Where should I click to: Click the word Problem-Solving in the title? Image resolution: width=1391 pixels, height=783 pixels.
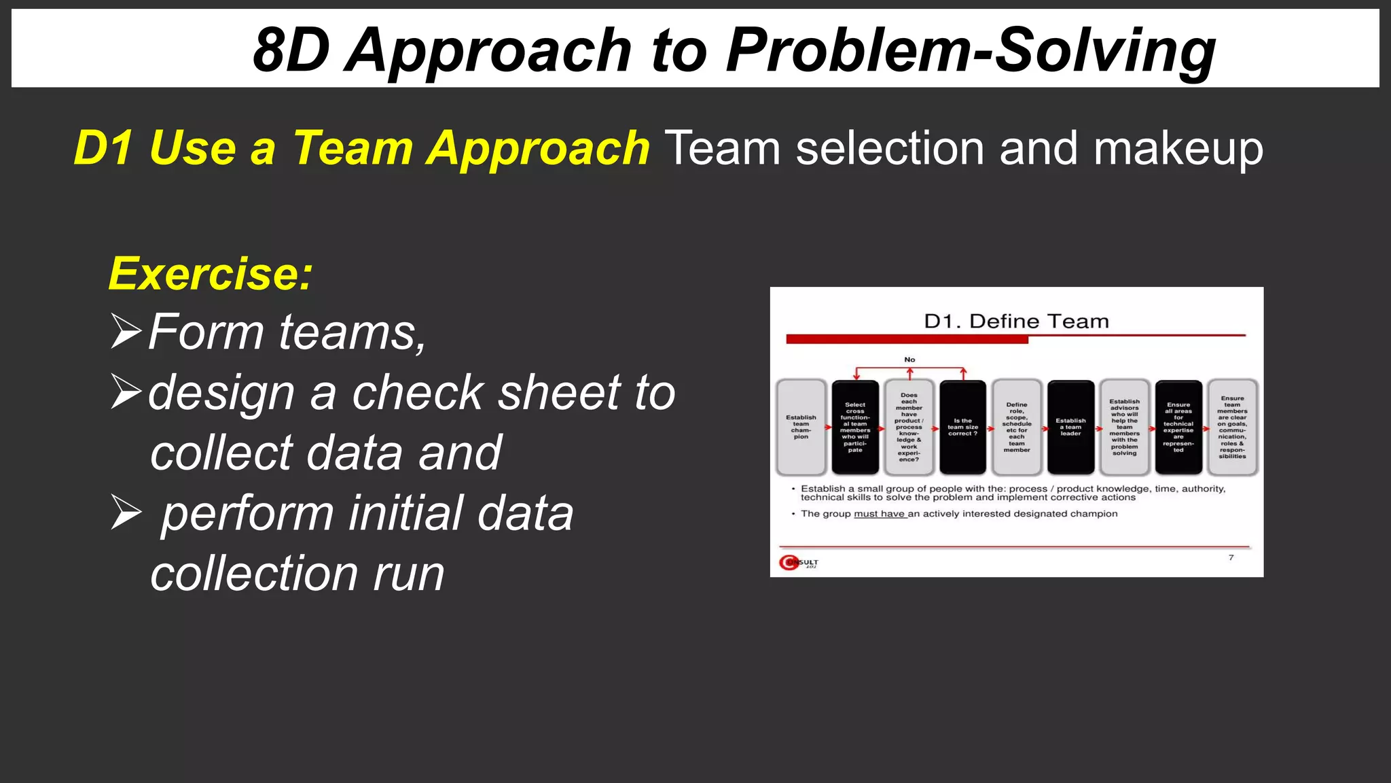point(970,51)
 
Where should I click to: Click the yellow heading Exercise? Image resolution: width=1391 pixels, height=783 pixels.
point(211,274)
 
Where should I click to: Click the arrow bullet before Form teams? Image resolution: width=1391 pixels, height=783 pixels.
point(126,332)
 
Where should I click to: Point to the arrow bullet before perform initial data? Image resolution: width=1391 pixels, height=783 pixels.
point(126,513)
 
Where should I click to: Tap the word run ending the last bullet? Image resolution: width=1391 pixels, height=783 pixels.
point(408,574)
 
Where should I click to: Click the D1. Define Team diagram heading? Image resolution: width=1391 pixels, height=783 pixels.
point(1016,321)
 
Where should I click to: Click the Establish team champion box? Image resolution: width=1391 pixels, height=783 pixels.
point(801,427)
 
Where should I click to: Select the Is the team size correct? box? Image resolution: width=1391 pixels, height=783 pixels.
point(962,427)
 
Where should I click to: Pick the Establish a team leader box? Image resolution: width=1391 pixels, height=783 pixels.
point(1070,427)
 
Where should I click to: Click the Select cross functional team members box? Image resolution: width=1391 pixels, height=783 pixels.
point(854,427)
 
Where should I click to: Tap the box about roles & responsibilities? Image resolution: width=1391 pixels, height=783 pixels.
point(1232,427)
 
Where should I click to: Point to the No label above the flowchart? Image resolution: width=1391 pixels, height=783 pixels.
point(909,360)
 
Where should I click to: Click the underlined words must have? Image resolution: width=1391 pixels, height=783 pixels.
point(879,514)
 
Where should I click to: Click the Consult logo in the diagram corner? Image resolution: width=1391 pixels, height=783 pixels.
point(798,563)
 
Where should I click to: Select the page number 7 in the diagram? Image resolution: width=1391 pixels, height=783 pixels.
point(1231,557)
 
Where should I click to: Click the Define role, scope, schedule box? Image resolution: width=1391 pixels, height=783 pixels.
point(1016,427)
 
